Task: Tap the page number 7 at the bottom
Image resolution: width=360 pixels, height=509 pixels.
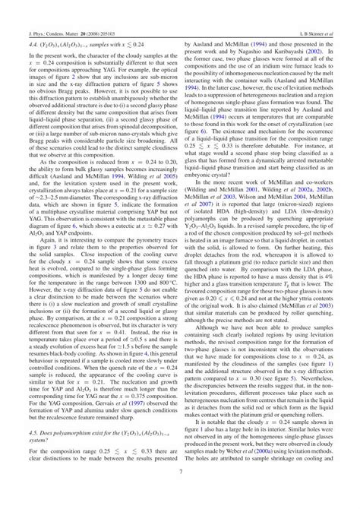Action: click(x=180, y=492)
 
